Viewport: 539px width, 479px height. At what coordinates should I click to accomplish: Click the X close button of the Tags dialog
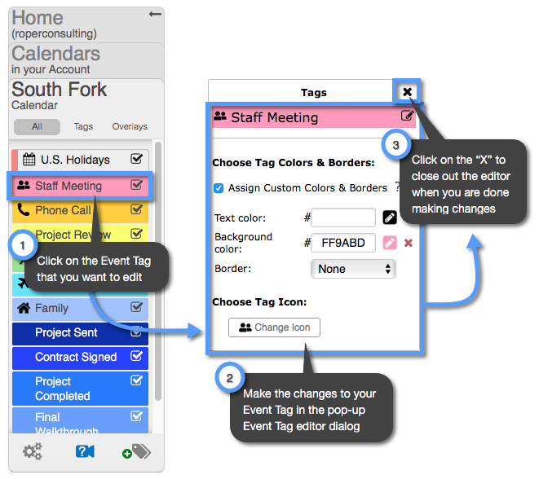point(407,92)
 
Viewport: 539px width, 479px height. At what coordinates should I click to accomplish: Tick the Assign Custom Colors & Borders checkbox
point(219,188)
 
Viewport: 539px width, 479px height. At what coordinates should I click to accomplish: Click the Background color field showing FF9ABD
point(343,243)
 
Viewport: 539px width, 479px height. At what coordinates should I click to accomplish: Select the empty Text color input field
point(343,218)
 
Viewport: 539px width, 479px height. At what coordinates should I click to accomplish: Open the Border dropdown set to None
point(353,269)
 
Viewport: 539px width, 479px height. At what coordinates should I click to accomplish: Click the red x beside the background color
point(409,243)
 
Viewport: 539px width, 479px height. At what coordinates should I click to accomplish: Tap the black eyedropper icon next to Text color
point(390,218)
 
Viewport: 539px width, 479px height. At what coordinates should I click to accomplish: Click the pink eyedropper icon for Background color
point(390,243)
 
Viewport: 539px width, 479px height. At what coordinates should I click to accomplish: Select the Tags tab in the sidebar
point(83,127)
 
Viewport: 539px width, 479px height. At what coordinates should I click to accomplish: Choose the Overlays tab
point(130,127)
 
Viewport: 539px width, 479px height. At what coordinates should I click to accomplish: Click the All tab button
point(37,127)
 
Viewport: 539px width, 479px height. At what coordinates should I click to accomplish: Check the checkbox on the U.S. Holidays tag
point(137,160)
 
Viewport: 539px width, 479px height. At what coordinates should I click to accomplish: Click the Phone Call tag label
point(63,210)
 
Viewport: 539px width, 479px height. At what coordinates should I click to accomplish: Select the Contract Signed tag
point(76,357)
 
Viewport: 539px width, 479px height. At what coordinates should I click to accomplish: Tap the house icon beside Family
point(24,308)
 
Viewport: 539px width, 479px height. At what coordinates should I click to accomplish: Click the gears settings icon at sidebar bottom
point(33,451)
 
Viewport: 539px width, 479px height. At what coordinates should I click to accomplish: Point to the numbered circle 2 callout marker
point(229,378)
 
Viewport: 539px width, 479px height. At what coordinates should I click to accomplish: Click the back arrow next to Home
point(155,14)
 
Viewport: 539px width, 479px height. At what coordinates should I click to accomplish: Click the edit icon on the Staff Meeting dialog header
point(407,116)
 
